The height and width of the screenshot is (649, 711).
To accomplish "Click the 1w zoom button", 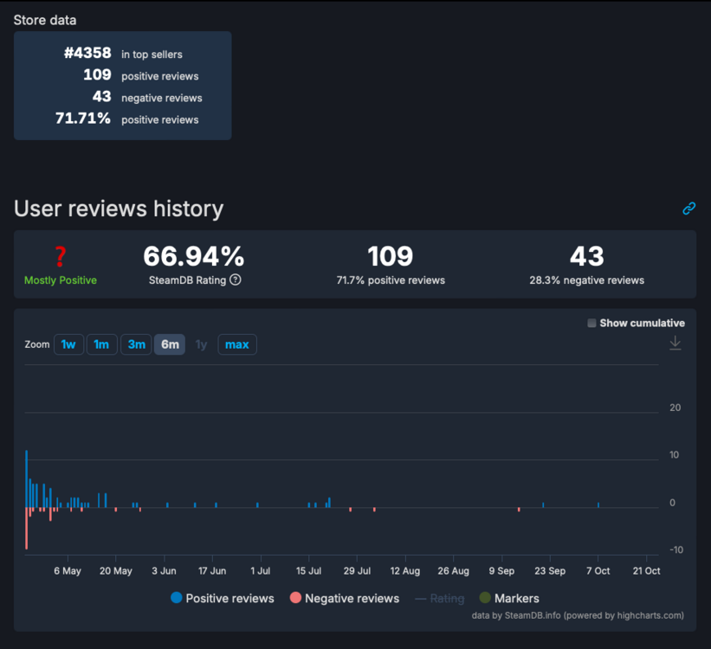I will point(68,344).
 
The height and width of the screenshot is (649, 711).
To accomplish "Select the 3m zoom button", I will point(136,344).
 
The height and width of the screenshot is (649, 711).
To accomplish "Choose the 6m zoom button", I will point(170,344).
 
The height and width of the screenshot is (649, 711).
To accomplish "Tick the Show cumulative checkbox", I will point(592,323).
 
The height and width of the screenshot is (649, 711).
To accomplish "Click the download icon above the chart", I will point(675,344).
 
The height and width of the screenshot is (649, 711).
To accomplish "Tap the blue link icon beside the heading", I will point(689,208).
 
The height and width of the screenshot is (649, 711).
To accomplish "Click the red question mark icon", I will point(61,256).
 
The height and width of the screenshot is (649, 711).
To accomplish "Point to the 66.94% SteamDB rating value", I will point(194,256).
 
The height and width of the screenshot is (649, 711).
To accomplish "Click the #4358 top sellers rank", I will point(87,53).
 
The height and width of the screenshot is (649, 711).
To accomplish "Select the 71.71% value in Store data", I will point(83,119).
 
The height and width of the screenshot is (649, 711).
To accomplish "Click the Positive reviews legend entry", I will point(223,598).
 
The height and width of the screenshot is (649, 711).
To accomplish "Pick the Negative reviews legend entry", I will point(345,598).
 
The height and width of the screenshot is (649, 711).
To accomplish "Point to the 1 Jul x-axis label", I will point(260,571).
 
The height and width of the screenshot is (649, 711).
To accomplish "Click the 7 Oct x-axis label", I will point(598,571).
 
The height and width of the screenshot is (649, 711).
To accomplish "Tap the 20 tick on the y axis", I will point(675,408).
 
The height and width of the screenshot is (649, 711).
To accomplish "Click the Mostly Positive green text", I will point(61,280).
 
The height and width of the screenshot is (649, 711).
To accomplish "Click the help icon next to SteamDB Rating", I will point(236,280).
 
